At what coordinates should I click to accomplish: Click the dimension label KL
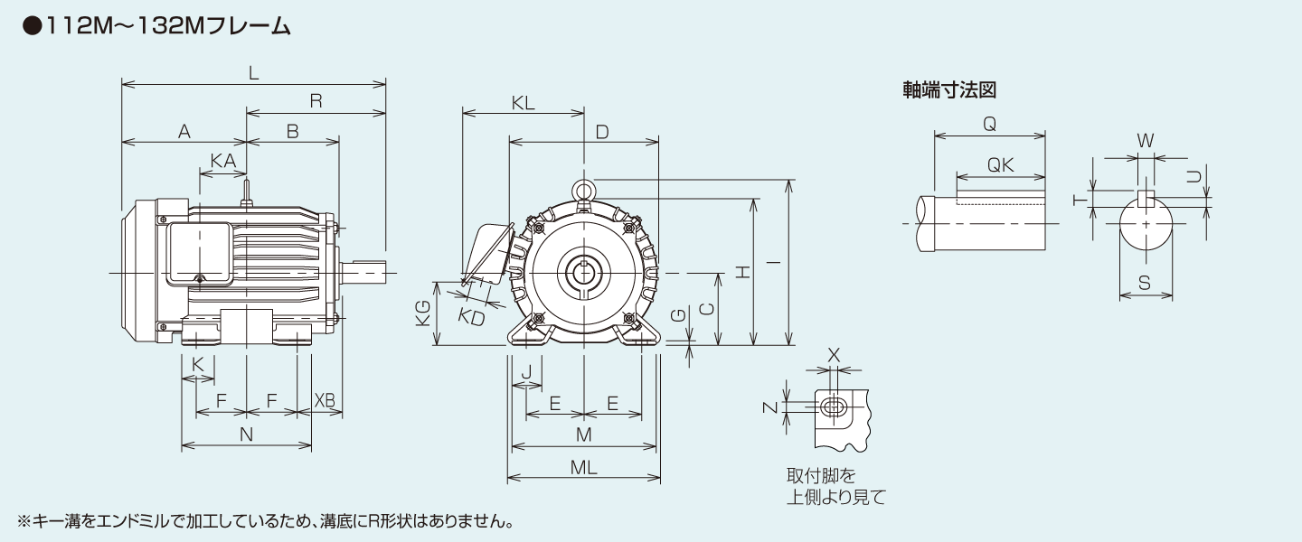pos(523,103)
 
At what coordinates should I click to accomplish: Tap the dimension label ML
pos(583,468)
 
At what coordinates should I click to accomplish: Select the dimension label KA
pos(222,160)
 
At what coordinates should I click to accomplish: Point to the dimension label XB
pos(324,400)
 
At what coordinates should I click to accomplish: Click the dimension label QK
pos(1000,165)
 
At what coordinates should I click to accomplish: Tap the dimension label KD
pos(471,317)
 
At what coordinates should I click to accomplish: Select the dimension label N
pos(246,435)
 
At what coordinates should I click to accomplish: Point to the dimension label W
pos(1145,141)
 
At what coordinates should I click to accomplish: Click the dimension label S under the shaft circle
pos(1145,283)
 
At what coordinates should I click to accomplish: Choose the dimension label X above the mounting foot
pos(834,356)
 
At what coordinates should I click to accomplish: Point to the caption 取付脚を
pos(820,475)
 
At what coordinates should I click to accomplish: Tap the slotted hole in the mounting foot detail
pos(833,407)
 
